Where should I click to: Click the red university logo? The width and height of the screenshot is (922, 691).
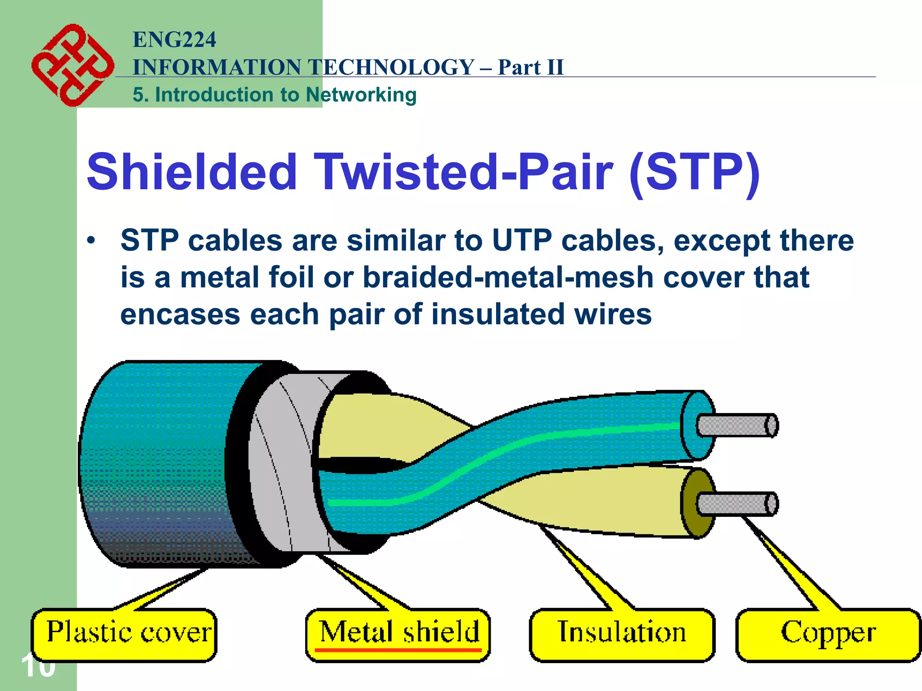click(x=72, y=65)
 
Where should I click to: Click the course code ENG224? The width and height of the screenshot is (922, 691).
click(x=174, y=40)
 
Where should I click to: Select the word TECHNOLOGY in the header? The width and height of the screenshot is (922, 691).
click(x=392, y=67)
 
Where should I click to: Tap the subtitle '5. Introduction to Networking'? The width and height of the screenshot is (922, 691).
click(x=275, y=95)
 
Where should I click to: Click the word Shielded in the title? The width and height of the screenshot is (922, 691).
click(x=192, y=172)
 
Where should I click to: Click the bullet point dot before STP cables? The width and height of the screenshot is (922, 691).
click(x=91, y=241)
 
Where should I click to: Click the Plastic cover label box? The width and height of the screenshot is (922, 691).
click(x=124, y=635)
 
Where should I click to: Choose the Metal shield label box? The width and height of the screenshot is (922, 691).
click(x=398, y=635)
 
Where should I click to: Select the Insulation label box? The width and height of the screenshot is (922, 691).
click(x=622, y=635)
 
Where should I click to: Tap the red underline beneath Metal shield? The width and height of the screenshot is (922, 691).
click(x=398, y=650)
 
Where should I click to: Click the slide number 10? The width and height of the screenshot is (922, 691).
click(x=38, y=666)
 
